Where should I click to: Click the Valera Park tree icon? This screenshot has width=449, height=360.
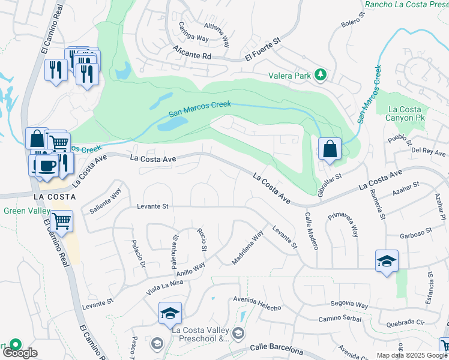tap(321, 74)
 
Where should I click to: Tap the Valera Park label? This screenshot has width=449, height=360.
tap(290, 76)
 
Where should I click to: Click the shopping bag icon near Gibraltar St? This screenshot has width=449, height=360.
tap(330, 149)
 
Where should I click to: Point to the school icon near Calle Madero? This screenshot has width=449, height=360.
tap(387, 260)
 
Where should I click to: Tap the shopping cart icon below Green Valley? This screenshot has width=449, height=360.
tap(62, 221)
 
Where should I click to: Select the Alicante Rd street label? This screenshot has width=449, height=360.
tap(192, 52)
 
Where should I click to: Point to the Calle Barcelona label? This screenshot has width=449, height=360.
tap(274, 347)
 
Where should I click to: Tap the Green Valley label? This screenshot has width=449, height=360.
tap(23, 211)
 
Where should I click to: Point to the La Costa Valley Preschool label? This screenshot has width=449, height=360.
tap(200, 334)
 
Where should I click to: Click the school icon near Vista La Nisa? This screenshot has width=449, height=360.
tap(170, 313)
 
